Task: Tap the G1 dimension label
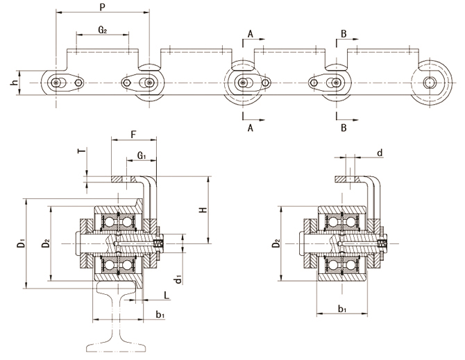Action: [x=141, y=157]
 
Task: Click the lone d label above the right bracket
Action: [x=379, y=152]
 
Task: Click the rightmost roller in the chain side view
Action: [x=429, y=84]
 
